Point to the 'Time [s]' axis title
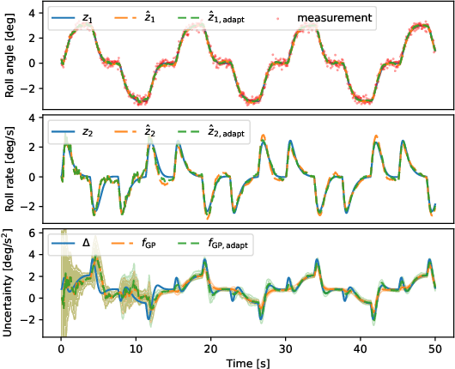point(249,361)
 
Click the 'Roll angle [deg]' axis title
point(9,57)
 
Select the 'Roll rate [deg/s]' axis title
point(9,169)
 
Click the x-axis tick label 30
point(286,348)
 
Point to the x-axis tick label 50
point(436,348)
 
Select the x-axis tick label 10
point(136,348)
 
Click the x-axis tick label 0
point(61,348)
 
